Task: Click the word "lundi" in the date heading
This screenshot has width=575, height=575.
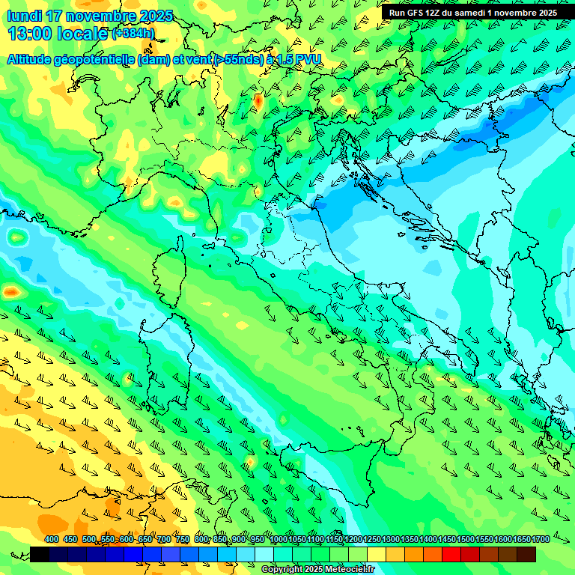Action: tap(25, 16)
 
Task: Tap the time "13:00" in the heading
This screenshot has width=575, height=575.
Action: tap(30, 34)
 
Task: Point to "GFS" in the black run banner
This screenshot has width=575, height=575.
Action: tap(416, 13)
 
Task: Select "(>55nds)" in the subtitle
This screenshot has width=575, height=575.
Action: tap(237, 60)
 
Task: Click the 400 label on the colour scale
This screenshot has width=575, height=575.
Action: tap(52, 540)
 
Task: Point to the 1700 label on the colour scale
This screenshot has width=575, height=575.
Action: tap(540, 540)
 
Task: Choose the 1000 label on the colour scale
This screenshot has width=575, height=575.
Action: tap(279, 540)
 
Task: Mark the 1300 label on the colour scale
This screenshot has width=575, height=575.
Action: tap(391, 540)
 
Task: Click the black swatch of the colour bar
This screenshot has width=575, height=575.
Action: tap(40, 554)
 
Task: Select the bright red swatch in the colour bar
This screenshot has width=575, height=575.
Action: tap(451, 554)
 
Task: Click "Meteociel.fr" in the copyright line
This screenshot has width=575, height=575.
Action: tap(347, 570)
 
